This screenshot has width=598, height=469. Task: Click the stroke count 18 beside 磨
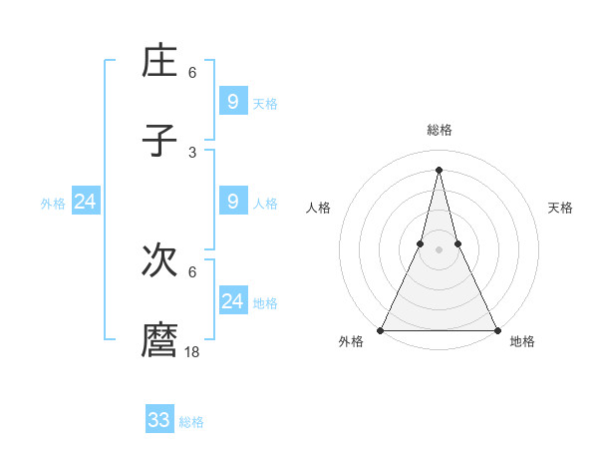click(192, 351)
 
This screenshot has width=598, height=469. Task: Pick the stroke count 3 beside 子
click(192, 152)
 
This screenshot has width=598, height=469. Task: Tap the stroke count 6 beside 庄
click(192, 73)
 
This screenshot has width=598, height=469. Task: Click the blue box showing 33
click(158, 420)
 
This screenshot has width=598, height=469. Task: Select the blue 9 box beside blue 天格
click(232, 102)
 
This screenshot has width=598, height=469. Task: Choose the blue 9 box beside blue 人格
click(232, 202)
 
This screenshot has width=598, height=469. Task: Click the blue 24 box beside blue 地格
click(232, 301)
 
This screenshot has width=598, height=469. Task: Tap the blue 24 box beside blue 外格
click(85, 202)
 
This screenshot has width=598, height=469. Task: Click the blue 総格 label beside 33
click(191, 422)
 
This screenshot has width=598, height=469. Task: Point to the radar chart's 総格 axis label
click(439, 130)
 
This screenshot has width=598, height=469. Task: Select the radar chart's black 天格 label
click(560, 208)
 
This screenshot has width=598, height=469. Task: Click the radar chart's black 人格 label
click(318, 208)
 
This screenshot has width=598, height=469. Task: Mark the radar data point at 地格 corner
click(496, 330)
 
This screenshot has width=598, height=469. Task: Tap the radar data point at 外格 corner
click(381, 330)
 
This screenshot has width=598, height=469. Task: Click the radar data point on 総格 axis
click(439, 169)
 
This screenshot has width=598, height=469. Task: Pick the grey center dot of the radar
click(439, 250)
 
